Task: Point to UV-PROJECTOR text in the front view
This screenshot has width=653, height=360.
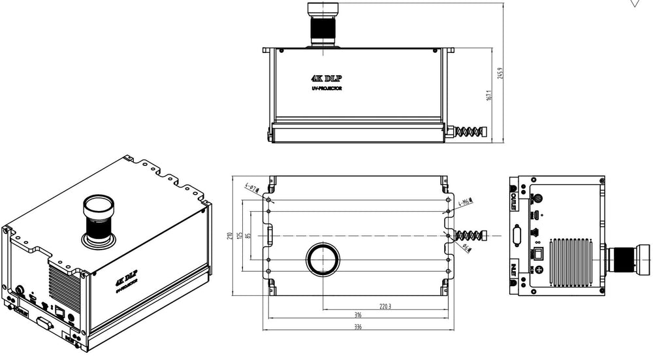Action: point(326,88)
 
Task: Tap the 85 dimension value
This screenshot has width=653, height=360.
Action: point(249,236)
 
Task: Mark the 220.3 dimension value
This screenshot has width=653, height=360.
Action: point(385,305)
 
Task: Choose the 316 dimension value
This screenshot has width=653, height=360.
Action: point(358,315)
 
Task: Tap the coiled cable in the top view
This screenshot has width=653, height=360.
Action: point(472,236)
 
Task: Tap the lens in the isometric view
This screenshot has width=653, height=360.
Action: point(99,219)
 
